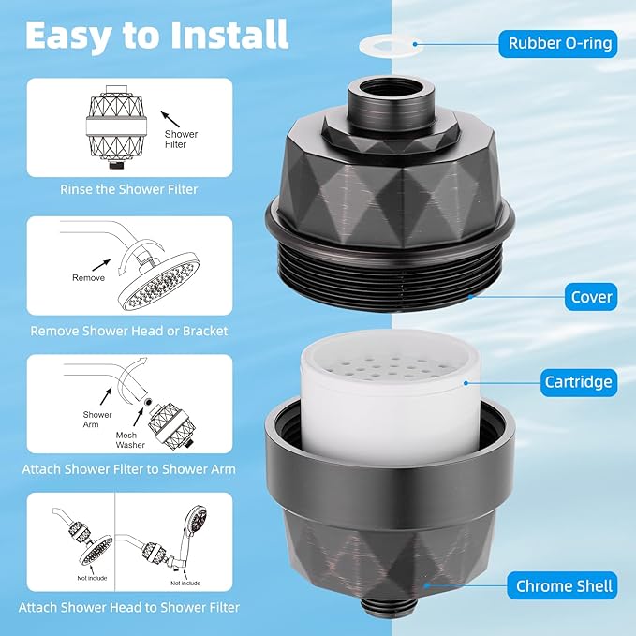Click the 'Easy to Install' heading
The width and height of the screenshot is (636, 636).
point(155,34)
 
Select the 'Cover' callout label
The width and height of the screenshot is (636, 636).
point(591,297)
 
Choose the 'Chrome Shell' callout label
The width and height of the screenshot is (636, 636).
point(564,587)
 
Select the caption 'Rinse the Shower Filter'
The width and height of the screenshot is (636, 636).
point(129,189)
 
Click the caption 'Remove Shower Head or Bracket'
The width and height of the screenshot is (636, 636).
point(129,330)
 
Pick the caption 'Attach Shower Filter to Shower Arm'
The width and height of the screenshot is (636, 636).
point(129,468)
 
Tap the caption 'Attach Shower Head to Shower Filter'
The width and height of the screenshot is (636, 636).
point(129,607)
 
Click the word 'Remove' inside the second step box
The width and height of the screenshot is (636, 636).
point(89,277)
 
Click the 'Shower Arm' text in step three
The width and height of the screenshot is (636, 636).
point(97,420)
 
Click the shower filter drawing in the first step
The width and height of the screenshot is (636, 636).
point(111,130)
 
